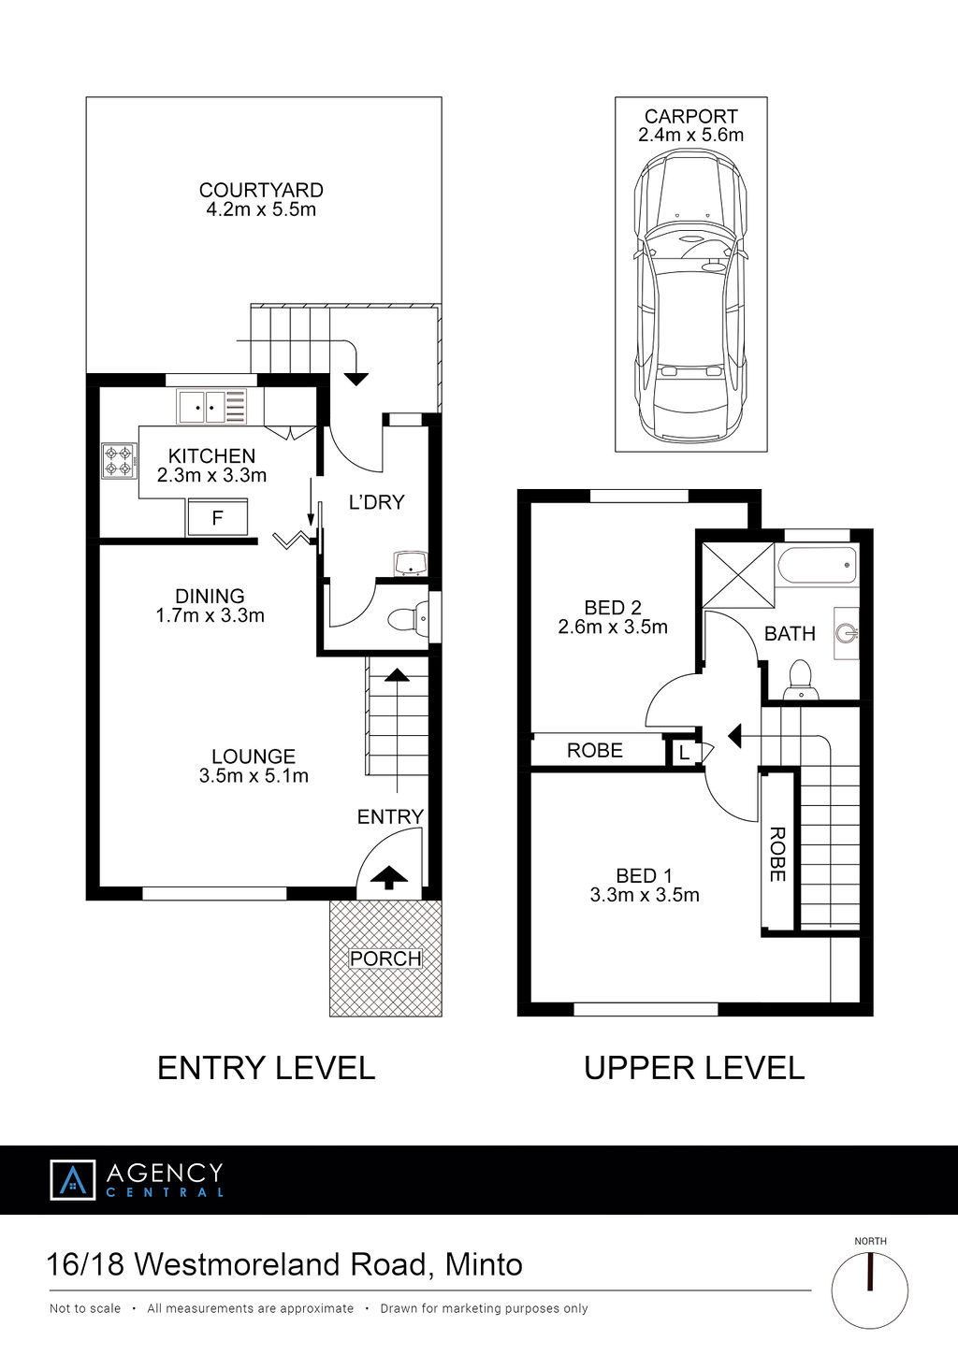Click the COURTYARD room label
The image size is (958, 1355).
pyautogui.click(x=261, y=190)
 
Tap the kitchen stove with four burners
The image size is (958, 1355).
pyautogui.click(x=119, y=461)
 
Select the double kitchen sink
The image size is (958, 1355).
pyautogui.click(x=211, y=407)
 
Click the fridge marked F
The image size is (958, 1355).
pyautogui.click(x=217, y=517)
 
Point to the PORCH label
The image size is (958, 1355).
pyautogui.click(x=385, y=959)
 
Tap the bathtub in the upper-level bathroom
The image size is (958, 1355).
pyautogui.click(x=818, y=565)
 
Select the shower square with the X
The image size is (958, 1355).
pyautogui.click(x=738, y=575)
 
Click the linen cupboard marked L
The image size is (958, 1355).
pyautogui.click(x=684, y=753)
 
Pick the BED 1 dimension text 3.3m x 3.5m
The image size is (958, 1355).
pyautogui.click(x=645, y=895)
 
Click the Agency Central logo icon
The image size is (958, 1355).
pyautogui.click(x=73, y=1179)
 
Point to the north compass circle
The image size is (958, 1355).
pyautogui.click(x=870, y=1290)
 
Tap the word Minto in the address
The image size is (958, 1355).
pyautogui.click(x=484, y=1263)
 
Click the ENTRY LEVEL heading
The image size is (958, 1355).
pyautogui.click(x=267, y=1067)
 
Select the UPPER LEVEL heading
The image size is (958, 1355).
pyautogui.click(x=694, y=1068)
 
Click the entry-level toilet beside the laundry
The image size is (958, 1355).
pyautogui.click(x=408, y=619)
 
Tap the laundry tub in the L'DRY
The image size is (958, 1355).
pyautogui.click(x=411, y=564)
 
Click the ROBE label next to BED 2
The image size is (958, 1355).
pyautogui.click(x=595, y=750)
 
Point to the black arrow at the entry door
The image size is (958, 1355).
pyautogui.click(x=388, y=877)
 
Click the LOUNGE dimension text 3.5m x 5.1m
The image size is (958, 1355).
pyautogui.click(x=254, y=775)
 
